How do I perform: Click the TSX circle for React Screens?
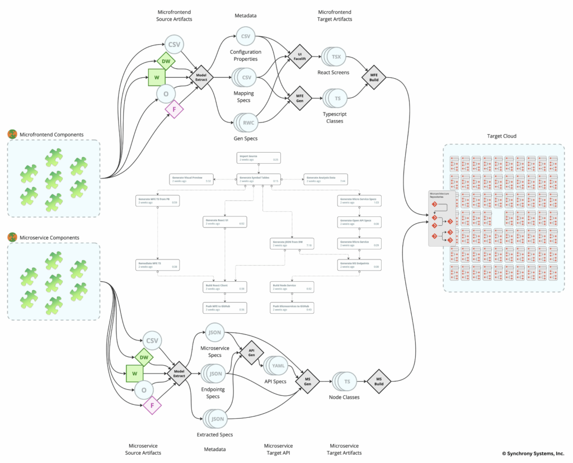click(336, 57)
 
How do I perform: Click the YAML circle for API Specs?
click(278, 366)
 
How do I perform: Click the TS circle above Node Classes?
click(347, 382)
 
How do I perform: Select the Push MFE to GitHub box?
click(224, 308)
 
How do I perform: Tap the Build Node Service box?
click(292, 287)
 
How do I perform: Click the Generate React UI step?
click(224, 222)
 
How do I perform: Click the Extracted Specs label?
click(215, 434)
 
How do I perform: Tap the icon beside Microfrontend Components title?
click(12, 134)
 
